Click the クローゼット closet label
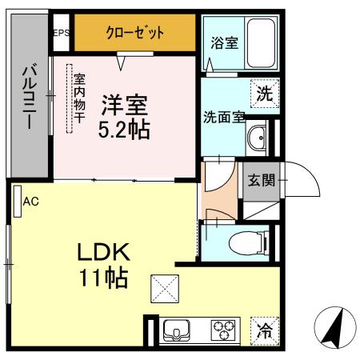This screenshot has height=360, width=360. (x=134, y=33)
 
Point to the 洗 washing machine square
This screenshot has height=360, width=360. (x=263, y=93)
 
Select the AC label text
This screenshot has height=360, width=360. (x=30, y=202)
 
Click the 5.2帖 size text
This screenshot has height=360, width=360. (x=124, y=130)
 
